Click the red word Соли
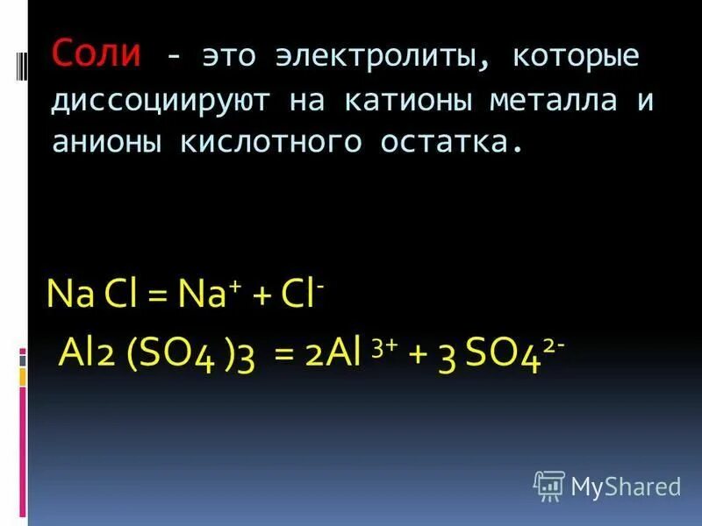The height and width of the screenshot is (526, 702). point(96,53)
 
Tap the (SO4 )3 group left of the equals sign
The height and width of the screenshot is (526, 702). point(191,355)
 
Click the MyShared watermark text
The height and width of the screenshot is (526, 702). point(626,486)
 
